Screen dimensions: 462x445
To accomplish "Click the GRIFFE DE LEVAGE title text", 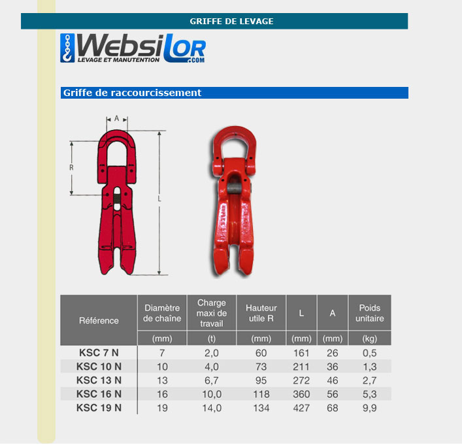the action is tap(231, 21).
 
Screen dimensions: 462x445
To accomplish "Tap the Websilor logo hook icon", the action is tap(67, 48).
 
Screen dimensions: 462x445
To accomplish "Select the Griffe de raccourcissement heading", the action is tap(132, 93).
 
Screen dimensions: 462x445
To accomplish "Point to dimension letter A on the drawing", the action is tap(117, 118).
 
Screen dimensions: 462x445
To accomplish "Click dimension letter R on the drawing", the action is tap(71, 168).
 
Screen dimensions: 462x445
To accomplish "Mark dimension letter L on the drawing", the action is tap(159, 199).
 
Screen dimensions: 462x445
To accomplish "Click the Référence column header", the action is tap(99, 321).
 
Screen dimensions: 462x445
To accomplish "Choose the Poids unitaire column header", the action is tap(369, 313).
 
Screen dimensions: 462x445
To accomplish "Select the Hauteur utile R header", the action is tap(261, 313).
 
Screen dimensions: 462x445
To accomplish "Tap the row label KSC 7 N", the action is tap(99, 353).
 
